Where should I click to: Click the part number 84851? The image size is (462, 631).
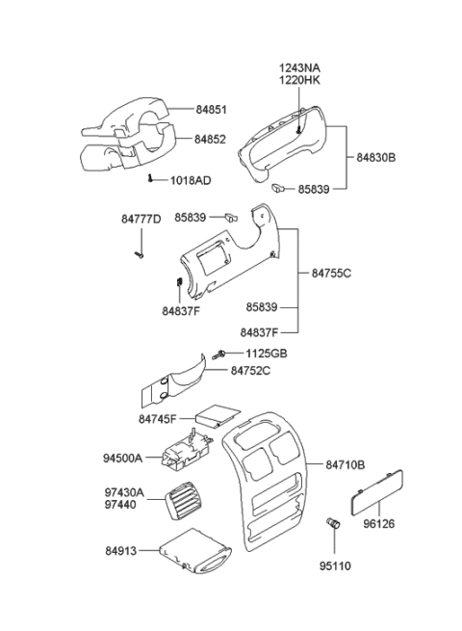pos(212,108)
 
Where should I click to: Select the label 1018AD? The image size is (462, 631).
pos(192,180)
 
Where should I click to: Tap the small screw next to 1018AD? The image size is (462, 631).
pos(152,179)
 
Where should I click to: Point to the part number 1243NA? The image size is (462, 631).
pos(299,68)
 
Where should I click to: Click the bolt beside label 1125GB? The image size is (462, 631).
pos(221,355)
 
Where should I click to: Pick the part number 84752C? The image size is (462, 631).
pos(251,370)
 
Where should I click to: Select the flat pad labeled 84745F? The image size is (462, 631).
pos(218,415)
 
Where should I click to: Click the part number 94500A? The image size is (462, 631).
pos(123,459)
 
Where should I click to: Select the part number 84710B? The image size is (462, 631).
pos(345,465)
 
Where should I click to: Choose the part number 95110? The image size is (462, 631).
pos(336,565)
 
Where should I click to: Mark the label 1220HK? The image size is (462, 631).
pos(299,82)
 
